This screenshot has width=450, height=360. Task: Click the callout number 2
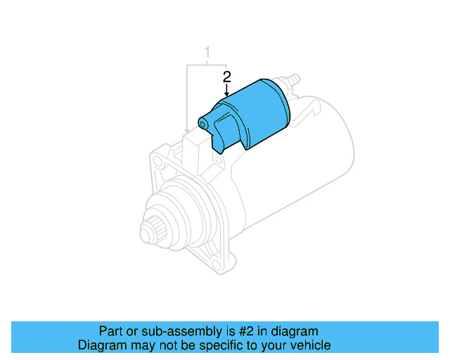tap(226, 75)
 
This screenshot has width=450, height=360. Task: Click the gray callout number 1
tap(207, 51)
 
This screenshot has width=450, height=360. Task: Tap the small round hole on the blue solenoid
tap(203, 124)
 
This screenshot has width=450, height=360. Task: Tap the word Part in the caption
tap(111, 331)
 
